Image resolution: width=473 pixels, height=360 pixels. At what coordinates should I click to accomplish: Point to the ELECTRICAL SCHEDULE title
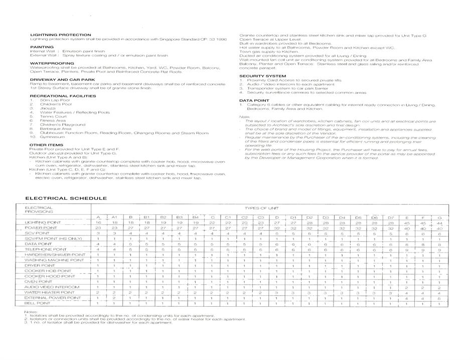[x=66, y=198]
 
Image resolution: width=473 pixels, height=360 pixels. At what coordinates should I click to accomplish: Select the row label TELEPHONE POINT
[x=46, y=249]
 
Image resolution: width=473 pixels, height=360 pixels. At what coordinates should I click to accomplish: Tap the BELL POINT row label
[x=37, y=303]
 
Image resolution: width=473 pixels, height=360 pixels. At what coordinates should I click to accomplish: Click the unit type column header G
[x=439, y=217]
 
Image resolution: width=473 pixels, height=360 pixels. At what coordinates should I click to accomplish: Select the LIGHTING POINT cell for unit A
[x=98, y=222]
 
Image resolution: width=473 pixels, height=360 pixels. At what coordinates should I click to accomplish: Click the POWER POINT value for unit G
[x=439, y=227]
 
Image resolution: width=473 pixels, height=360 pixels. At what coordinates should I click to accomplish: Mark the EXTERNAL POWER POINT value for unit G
[x=439, y=298]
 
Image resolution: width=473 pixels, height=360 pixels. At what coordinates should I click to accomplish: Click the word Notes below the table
[x=31, y=311]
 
